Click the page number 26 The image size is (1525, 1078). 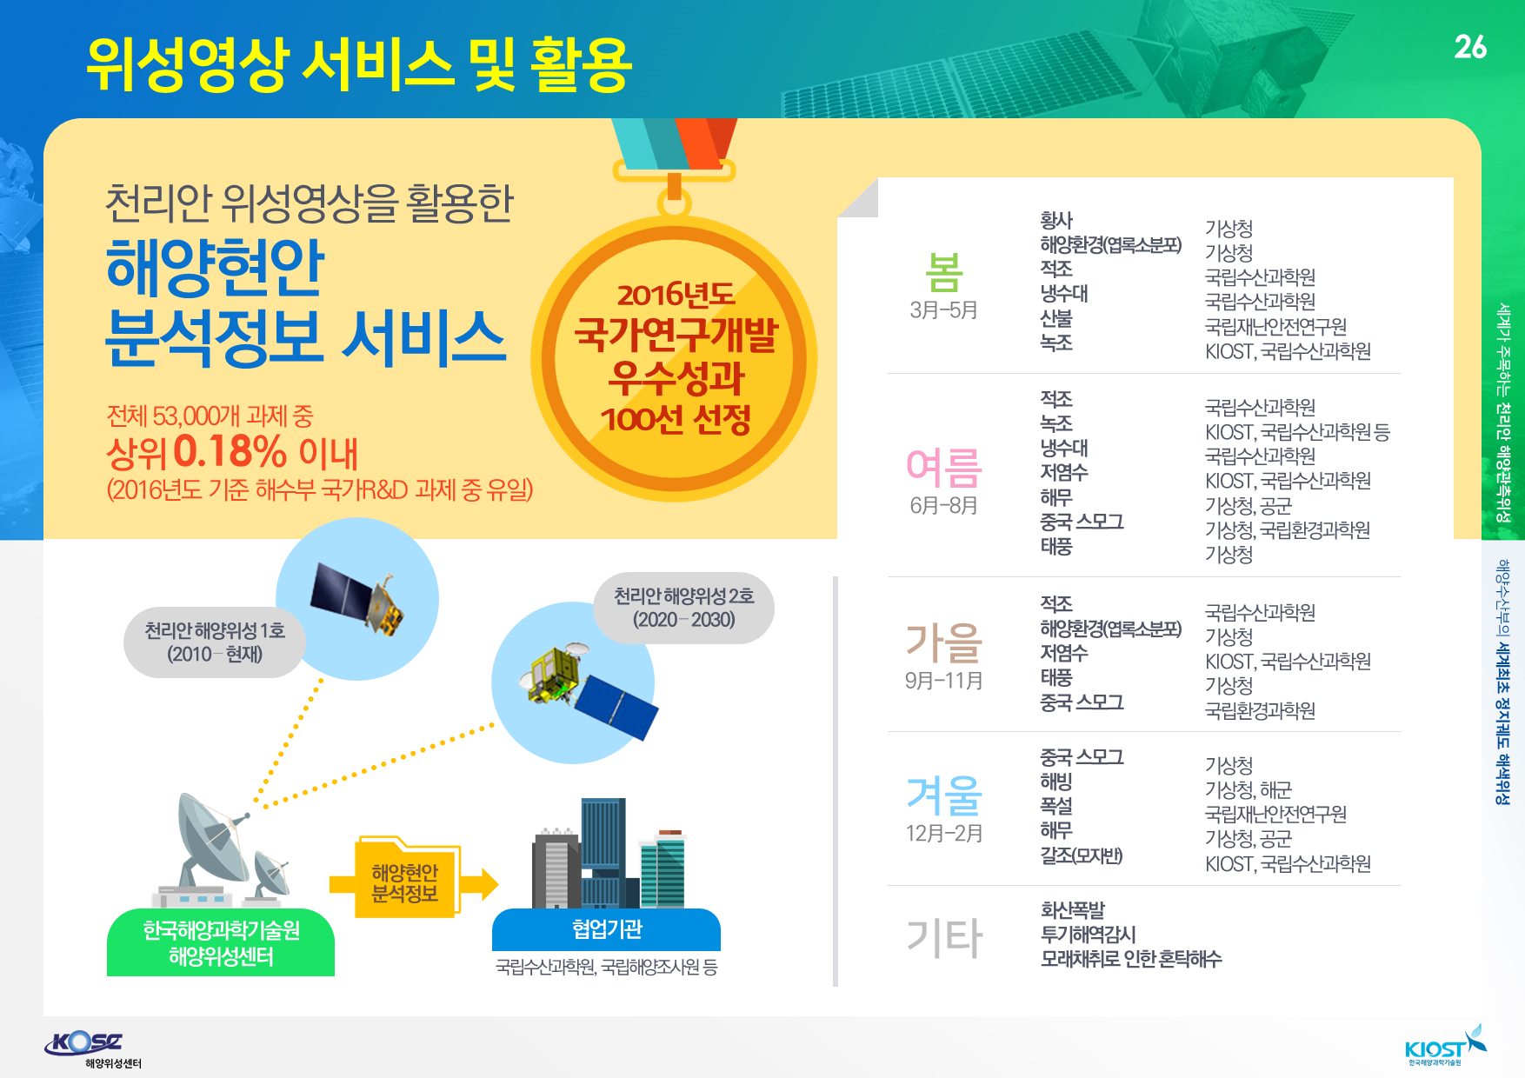tap(1470, 47)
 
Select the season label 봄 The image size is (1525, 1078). tap(943, 272)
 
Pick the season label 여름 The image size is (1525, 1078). tap(943, 468)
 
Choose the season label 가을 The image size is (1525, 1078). tap(943, 643)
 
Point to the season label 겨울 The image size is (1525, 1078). tap(943, 795)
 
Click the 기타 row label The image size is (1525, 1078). tap(943, 938)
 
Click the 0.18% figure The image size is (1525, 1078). tap(230, 451)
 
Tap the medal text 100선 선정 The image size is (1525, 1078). tap(676, 419)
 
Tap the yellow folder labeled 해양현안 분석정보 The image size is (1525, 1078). tap(406, 878)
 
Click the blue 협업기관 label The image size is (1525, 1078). tap(606, 929)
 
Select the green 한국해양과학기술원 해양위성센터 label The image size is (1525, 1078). tap(221, 942)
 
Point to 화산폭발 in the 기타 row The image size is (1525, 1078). tap(1072, 910)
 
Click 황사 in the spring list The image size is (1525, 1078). tap(1056, 221)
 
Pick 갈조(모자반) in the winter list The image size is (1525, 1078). tap(1082, 855)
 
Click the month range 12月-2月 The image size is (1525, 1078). tap(943, 834)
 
